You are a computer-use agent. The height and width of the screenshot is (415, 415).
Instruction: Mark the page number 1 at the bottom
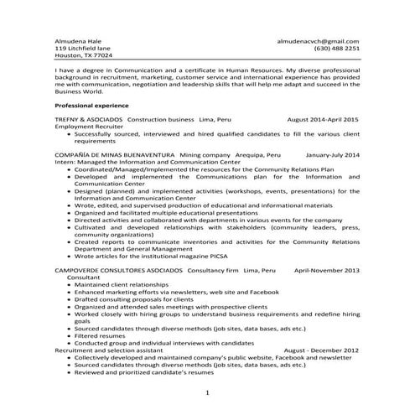coord(207,392)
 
